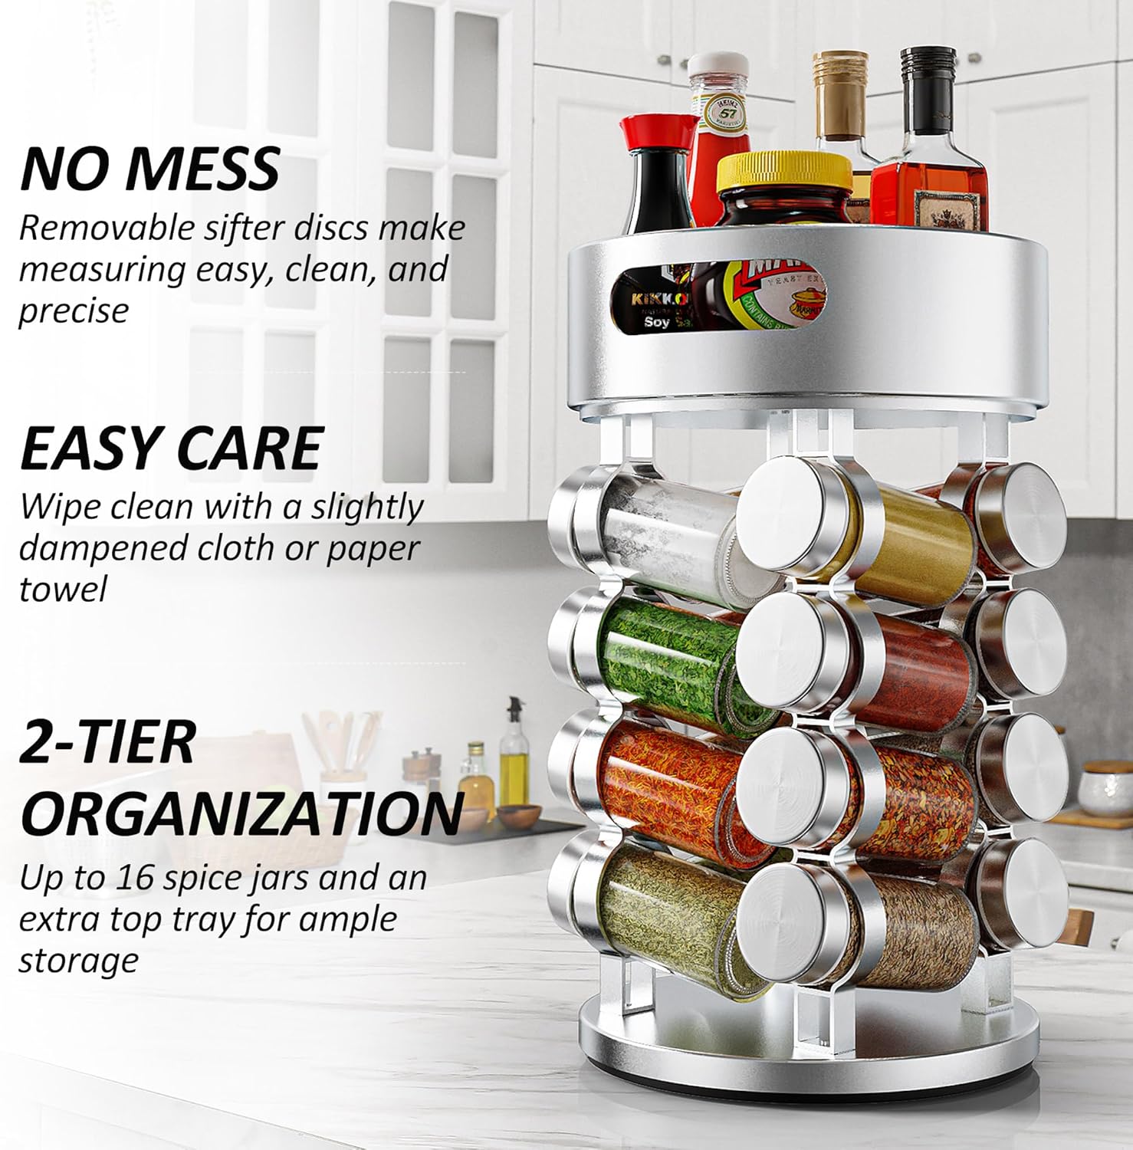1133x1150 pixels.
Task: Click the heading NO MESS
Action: [149, 169]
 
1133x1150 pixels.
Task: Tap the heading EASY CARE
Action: [171, 448]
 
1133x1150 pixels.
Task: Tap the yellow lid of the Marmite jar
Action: [783, 172]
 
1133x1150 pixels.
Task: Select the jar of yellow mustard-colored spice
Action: [916, 540]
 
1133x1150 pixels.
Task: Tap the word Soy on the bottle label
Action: [657, 323]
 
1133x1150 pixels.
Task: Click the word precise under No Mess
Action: [74, 311]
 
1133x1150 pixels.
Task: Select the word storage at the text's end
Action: [78, 961]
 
